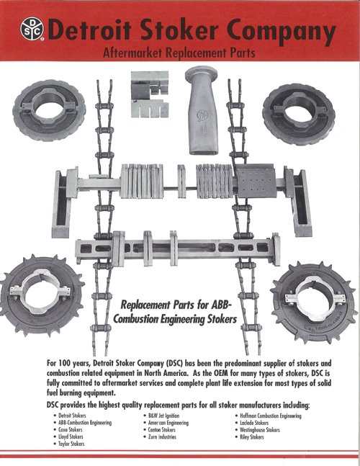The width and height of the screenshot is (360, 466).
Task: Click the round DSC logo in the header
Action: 32,29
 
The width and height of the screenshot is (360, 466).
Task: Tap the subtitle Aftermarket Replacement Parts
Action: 179,53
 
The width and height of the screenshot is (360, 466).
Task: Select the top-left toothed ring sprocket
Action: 49,110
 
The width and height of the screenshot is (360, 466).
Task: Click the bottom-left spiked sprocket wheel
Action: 42,296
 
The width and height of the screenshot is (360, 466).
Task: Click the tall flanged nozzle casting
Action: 202,110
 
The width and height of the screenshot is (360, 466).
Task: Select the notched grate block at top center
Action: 150,94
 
